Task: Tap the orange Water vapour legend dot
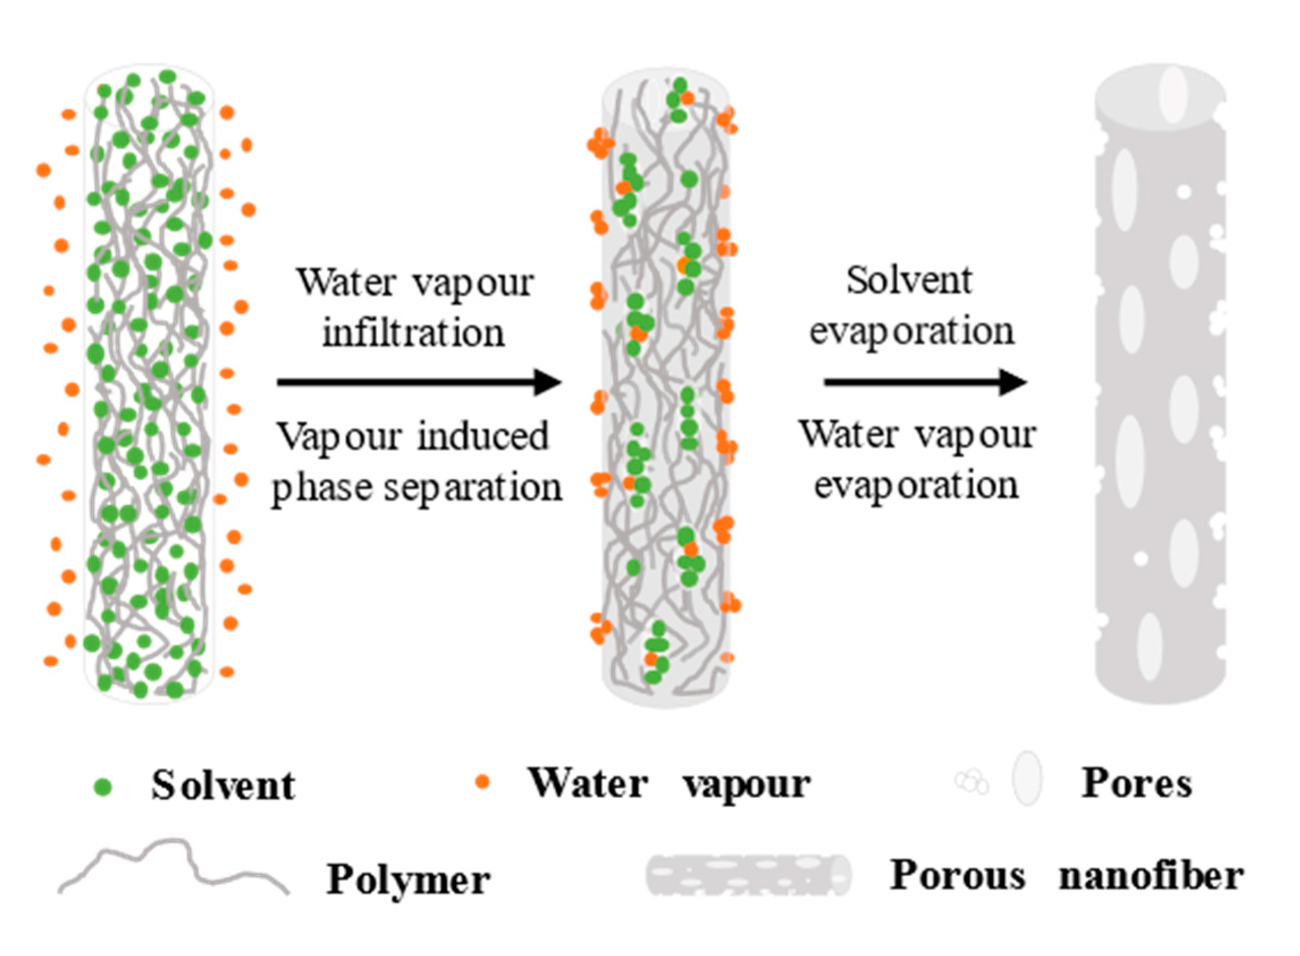click(482, 782)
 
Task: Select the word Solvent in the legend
click(223, 786)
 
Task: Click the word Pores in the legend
click(1137, 784)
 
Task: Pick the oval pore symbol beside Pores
click(1027, 779)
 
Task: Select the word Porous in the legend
click(957, 875)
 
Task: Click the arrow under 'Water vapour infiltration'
click(419, 382)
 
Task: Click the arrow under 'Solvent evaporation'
click(925, 382)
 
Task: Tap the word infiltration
click(413, 334)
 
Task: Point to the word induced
click(483, 437)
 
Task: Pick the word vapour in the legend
click(746, 785)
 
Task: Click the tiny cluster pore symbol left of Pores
click(972, 782)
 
